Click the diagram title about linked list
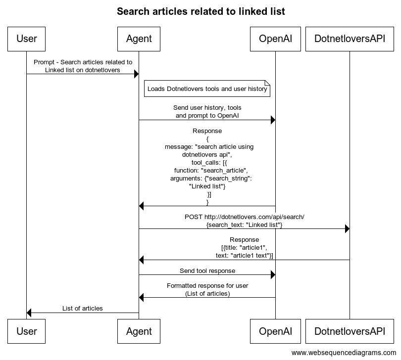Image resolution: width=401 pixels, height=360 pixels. coord(201,11)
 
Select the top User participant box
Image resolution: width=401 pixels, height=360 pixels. coord(26,39)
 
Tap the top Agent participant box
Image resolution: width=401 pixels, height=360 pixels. coord(139,39)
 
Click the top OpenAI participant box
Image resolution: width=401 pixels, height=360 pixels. coord(275,39)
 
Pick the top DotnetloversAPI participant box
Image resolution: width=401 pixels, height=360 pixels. coord(350,39)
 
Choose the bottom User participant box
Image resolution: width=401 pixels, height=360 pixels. coord(26,331)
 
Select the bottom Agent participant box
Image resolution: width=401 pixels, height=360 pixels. coord(139,331)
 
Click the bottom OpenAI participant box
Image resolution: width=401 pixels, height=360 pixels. coord(275,331)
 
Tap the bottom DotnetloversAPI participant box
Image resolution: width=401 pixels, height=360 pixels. coord(350,331)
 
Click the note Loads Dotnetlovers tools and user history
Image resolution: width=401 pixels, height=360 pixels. coord(207,89)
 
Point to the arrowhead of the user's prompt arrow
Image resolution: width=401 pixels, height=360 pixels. coord(137,74)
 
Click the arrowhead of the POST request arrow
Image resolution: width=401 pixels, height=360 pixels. coord(348,228)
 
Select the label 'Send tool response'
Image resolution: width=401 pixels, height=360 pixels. coord(207,271)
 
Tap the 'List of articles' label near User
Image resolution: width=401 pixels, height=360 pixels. coord(82,309)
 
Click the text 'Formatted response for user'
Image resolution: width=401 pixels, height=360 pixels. coord(207,286)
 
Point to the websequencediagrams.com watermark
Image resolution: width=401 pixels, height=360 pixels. coord(344,353)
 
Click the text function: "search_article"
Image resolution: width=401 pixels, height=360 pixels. coord(211,171)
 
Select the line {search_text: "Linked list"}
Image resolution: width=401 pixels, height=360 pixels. coord(244,225)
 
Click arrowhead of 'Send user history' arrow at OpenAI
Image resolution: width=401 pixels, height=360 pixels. coord(273,120)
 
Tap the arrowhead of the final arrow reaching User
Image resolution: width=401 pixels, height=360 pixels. coord(29,313)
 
